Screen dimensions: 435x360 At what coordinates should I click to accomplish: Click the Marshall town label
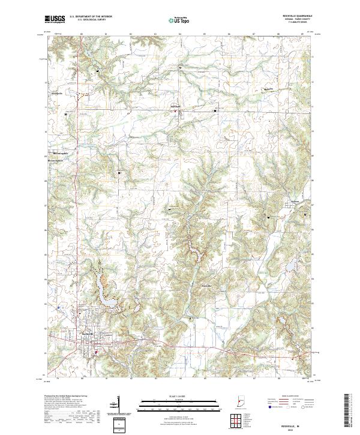pos(173,109)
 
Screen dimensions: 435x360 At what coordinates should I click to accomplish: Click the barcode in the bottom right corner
pos(347,413)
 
